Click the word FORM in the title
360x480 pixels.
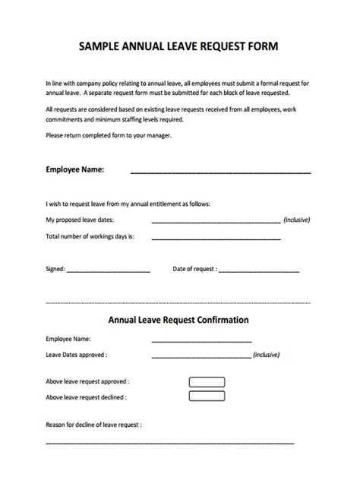point(262,46)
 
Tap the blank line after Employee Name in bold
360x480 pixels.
point(220,172)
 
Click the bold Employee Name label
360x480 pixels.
point(75,169)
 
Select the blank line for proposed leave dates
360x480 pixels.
point(216,222)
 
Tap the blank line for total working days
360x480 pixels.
point(216,238)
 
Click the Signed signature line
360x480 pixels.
point(109,271)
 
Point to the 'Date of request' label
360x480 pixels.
point(195,269)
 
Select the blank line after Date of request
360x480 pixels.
point(259,271)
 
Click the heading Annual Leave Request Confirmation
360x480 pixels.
point(179,320)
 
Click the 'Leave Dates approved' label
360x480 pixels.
point(77,354)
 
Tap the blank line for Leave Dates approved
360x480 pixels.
point(201,356)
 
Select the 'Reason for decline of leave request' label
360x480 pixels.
point(93,425)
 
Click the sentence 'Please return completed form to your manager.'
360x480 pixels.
point(109,134)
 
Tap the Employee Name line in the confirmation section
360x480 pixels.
point(201,340)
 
